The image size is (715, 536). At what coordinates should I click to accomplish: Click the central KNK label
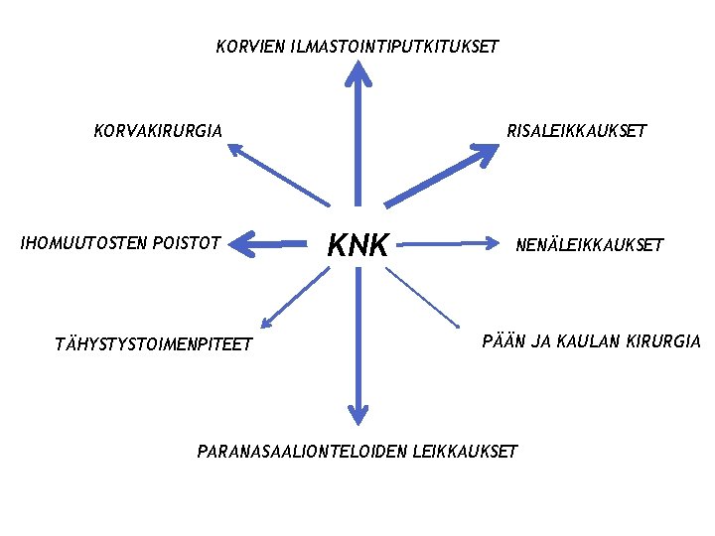pyautogui.click(x=357, y=244)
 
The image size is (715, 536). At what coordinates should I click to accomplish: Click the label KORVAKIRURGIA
pyautogui.click(x=158, y=130)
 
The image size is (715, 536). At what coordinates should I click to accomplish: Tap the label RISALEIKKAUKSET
pyautogui.click(x=576, y=130)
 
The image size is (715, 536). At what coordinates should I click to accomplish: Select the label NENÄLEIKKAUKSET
pyautogui.click(x=590, y=245)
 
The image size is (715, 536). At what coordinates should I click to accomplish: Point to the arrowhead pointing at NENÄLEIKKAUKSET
pyautogui.click(x=495, y=241)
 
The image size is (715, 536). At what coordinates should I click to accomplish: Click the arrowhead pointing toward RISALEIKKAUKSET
pyautogui.click(x=488, y=154)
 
